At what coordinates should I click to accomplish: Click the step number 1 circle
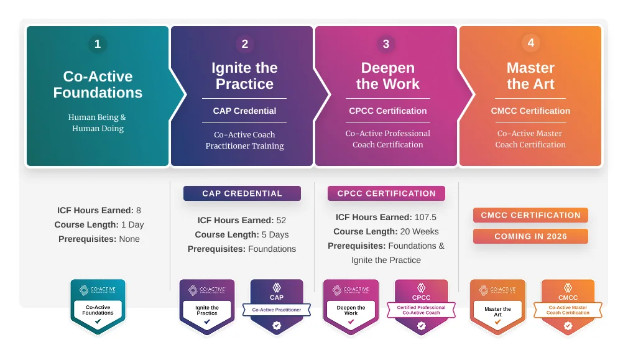coord(97,44)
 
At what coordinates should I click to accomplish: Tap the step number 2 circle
coord(244,44)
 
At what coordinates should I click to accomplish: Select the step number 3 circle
coord(386,44)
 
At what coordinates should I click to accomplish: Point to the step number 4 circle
coord(530,43)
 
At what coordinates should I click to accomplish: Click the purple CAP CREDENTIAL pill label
coord(242,193)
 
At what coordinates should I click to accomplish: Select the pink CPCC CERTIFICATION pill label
coord(386,193)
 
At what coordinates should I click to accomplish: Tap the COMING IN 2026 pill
coord(530,236)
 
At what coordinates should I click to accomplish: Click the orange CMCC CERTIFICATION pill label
coord(530,215)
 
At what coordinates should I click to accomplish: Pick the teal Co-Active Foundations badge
coord(98,307)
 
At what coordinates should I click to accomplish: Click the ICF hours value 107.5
coord(427,217)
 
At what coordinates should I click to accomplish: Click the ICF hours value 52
coord(281,220)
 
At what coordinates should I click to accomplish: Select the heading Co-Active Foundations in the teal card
coord(98,85)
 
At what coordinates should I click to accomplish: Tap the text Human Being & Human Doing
coord(98,122)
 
